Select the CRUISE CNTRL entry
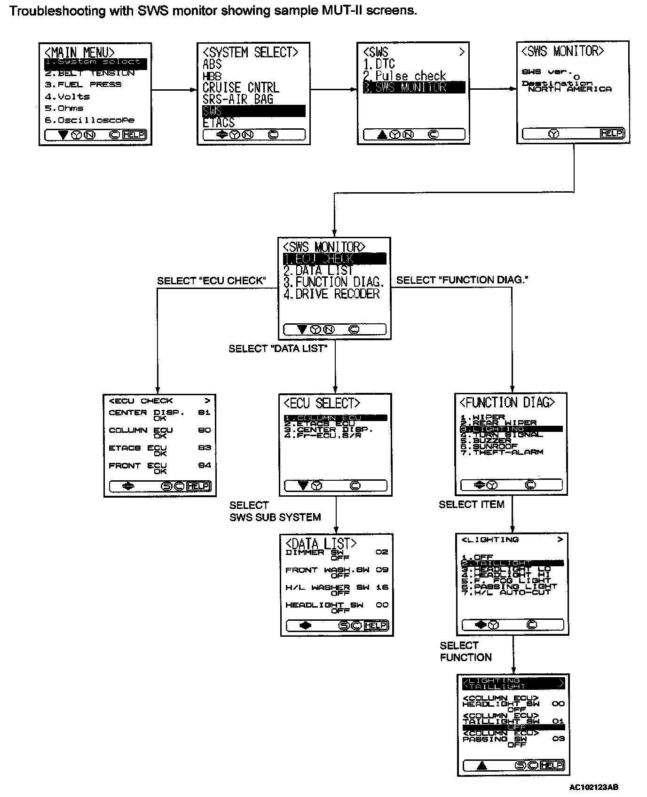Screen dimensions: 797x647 click(x=241, y=87)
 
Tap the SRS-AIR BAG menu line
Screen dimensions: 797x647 click(x=238, y=99)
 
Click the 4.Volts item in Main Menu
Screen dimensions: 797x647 click(x=67, y=96)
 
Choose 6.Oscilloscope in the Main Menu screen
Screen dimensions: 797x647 click(x=89, y=120)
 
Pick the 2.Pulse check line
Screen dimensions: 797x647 click(x=404, y=76)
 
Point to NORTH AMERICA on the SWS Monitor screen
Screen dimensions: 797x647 click(x=569, y=89)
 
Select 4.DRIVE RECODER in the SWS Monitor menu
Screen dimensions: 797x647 click(x=331, y=294)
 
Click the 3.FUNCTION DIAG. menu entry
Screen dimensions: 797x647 click(x=334, y=282)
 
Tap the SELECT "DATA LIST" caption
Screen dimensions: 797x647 click(x=278, y=349)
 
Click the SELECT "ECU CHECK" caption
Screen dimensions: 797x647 click(x=212, y=281)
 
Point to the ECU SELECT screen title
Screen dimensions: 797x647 click(x=322, y=403)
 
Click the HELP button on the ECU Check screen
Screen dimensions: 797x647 click(x=198, y=486)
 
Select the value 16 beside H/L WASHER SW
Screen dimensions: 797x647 click(x=382, y=587)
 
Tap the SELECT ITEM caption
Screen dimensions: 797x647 click(x=471, y=504)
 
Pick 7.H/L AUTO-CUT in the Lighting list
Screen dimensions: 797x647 click(x=505, y=593)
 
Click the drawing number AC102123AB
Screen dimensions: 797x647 click(x=594, y=787)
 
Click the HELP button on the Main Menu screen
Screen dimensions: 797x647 click(x=134, y=135)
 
